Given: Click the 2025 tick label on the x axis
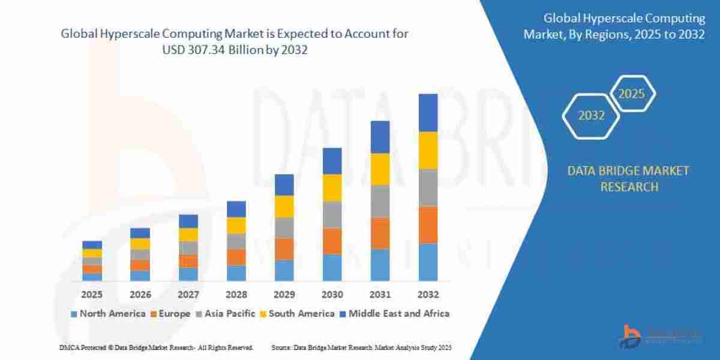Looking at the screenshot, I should click(92, 295).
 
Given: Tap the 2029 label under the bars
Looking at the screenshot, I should click(284, 295).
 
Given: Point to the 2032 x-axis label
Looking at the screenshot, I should click(428, 295).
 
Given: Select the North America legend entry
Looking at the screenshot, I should click(108, 313).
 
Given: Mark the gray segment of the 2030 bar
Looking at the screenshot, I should click(332, 214).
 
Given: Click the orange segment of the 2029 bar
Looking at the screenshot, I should click(284, 248).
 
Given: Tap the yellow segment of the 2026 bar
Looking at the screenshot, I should click(140, 244).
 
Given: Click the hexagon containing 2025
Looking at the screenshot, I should click(632, 94).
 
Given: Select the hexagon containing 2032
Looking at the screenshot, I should click(591, 116).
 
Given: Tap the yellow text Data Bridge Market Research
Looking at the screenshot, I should click(628, 179).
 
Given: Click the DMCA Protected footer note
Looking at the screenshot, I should click(156, 347).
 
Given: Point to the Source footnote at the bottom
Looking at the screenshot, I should click(361, 347).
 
